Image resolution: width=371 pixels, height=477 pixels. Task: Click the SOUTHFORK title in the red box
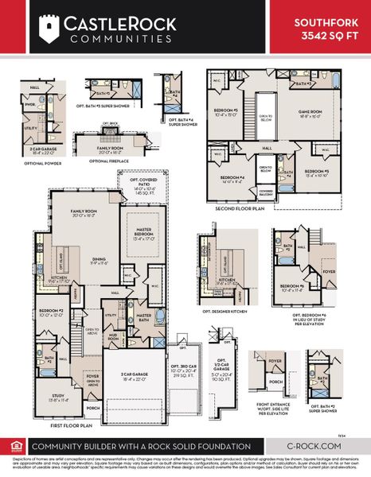[x=322, y=24]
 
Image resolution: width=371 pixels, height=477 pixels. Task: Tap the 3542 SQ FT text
[x=322, y=37]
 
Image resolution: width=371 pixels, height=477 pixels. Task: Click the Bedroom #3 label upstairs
[x=226, y=111]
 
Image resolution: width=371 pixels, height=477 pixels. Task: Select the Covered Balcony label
[x=266, y=192]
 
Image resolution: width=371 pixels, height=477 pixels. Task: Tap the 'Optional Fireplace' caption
[x=110, y=161]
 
